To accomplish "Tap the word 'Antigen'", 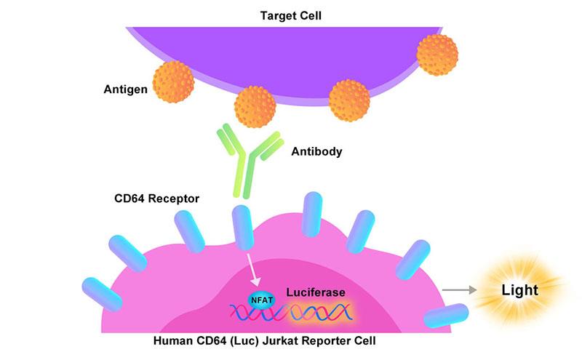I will click(x=124, y=89).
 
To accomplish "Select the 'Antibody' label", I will click(x=316, y=153).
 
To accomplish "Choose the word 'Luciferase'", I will click(x=314, y=292).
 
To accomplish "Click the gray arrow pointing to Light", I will click(x=456, y=291).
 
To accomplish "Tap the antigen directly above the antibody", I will click(x=255, y=106).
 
